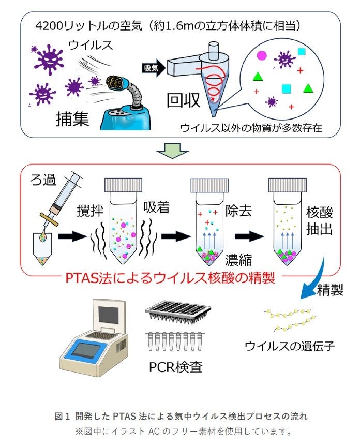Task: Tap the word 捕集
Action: click(x=72, y=119)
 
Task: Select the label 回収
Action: click(x=183, y=100)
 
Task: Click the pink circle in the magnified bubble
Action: click(x=262, y=54)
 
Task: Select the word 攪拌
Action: click(x=91, y=212)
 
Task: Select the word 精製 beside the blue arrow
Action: click(x=330, y=291)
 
